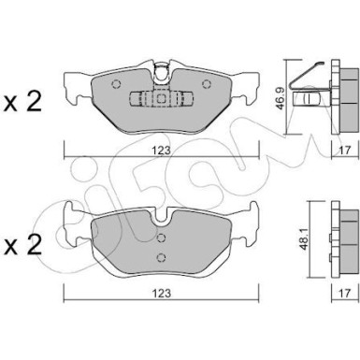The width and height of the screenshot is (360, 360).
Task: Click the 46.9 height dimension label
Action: click(x=280, y=98)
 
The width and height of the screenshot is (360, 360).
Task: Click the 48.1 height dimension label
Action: click(x=304, y=238)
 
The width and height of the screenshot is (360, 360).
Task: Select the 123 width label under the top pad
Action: click(x=162, y=151)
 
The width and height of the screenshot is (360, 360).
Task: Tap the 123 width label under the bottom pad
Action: click(x=162, y=293)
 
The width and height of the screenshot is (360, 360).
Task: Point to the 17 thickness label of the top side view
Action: click(x=344, y=151)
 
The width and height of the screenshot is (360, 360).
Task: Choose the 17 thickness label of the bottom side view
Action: click(x=344, y=293)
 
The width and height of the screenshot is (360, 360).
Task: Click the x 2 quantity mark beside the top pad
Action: click(x=22, y=102)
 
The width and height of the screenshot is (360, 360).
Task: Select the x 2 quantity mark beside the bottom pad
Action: click(x=22, y=245)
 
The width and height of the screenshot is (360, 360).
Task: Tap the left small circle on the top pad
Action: click(x=116, y=84)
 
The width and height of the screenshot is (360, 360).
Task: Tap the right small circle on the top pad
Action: click(x=207, y=84)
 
